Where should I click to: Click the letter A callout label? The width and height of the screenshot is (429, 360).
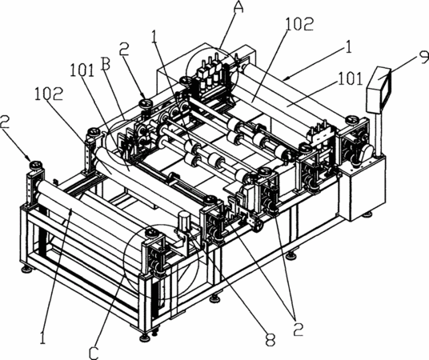[x=239, y=6]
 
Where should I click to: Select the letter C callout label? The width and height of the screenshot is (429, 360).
[x=94, y=352]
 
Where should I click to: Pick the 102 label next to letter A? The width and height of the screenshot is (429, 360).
[x=299, y=24]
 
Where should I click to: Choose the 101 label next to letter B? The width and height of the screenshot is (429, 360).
[x=82, y=70]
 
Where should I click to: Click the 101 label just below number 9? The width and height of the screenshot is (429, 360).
[x=351, y=78]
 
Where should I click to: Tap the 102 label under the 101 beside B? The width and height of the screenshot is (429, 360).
[x=50, y=94]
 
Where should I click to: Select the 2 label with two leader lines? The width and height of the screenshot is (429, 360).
[x=299, y=329]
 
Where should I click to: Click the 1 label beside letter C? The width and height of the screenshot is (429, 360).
[x=42, y=337]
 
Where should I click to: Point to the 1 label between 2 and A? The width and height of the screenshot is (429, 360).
[x=154, y=37]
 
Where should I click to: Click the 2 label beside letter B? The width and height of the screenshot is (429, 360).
[x=124, y=49]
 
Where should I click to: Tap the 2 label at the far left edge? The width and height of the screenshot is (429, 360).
[x=5, y=122]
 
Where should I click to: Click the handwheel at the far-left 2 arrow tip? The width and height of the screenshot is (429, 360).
[x=36, y=166]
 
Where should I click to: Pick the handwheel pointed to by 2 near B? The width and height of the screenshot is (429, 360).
[x=145, y=103]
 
